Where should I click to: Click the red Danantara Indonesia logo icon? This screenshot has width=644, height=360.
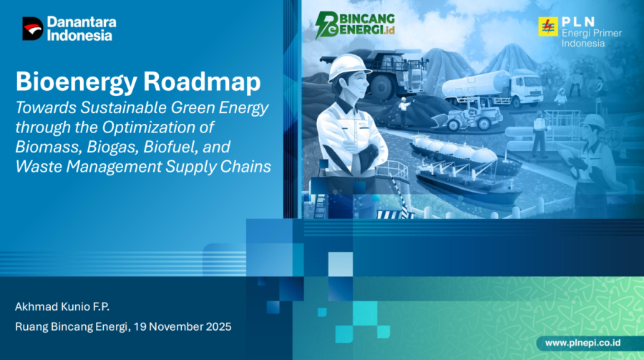pos(33,29)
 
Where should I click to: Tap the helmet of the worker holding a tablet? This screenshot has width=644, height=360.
pos(592,121)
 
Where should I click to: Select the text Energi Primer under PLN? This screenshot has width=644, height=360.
pos(582,33)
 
